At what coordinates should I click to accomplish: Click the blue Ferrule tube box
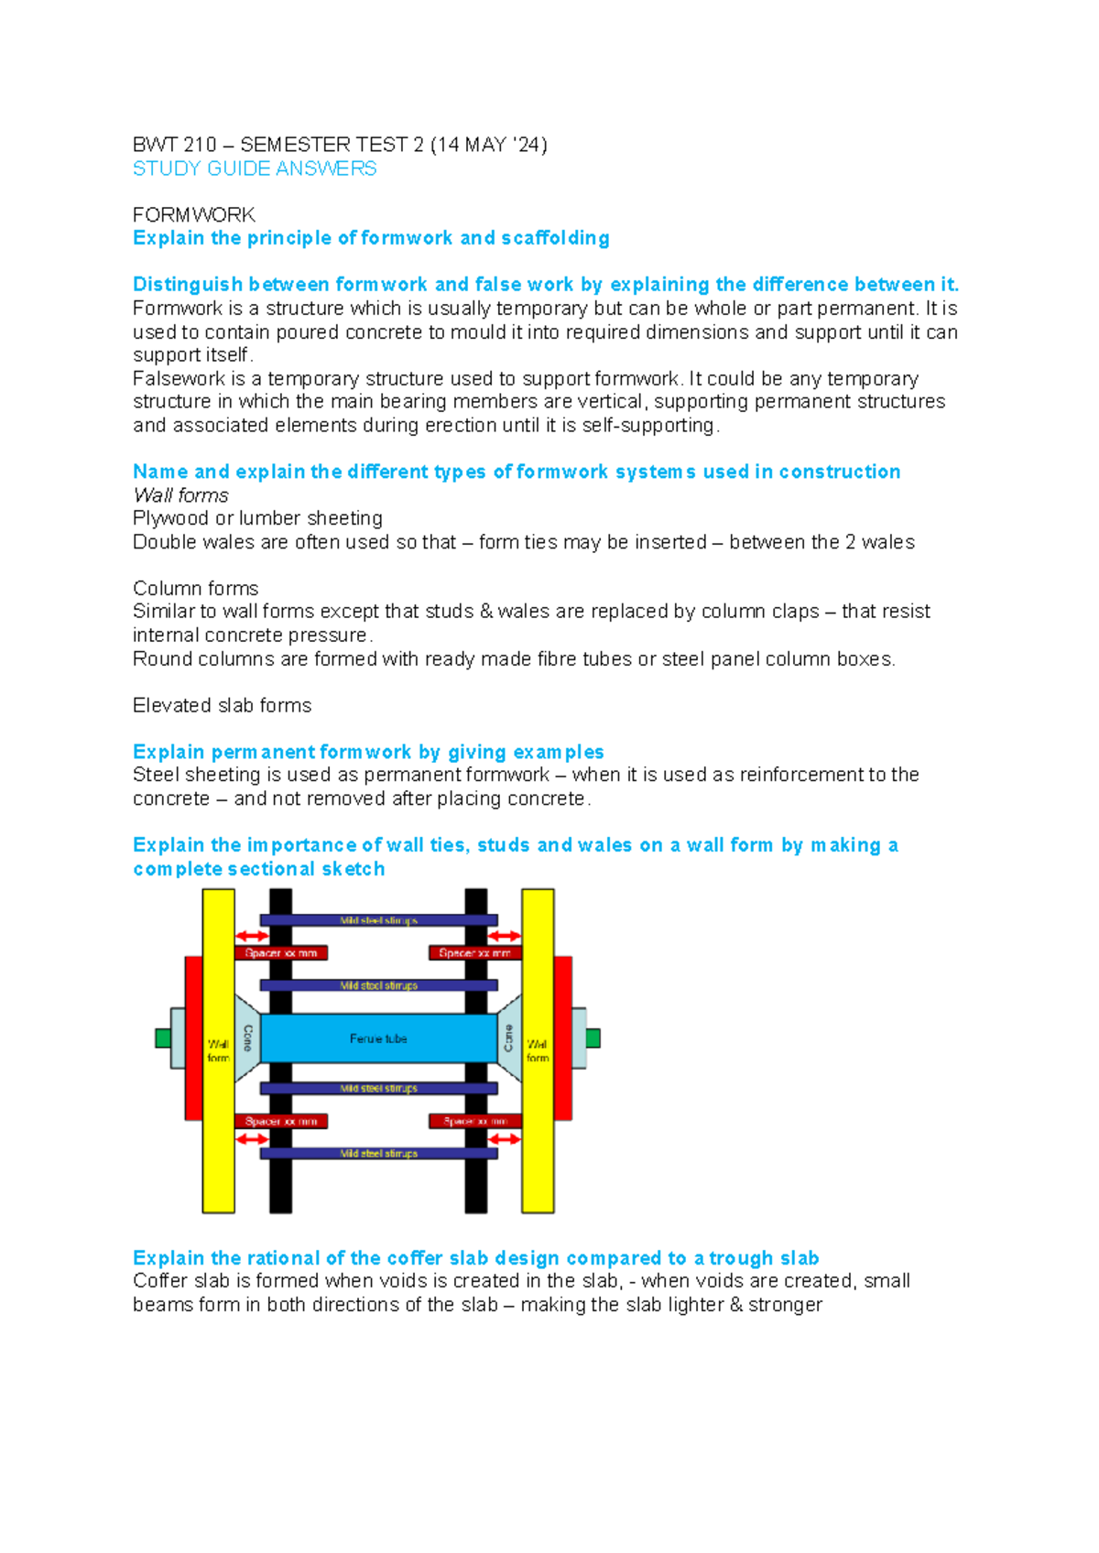tap(378, 1038)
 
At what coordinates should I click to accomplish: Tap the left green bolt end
tap(163, 1037)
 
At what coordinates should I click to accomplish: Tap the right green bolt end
tap(593, 1037)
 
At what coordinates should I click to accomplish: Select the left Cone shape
tap(247, 1037)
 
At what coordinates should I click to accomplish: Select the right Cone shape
tap(509, 1037)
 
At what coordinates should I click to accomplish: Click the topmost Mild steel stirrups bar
tap(378, 920)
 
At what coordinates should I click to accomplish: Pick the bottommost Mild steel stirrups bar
tap(378, 1154)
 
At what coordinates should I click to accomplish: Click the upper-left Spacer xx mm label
tap(281, 953)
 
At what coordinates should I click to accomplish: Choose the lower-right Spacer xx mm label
tap(475, 1121)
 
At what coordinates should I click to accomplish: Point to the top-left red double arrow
tap(252, 936)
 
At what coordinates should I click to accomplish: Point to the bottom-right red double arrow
tap(504, 1139)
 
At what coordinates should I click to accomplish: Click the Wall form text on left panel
tap(218, 1050)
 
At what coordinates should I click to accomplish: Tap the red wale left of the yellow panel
tap(193, 1037)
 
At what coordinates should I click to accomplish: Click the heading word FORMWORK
tap(193, 215)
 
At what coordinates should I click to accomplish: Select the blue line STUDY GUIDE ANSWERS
tap(255, 168)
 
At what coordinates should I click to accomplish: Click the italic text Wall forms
tap(180, 495)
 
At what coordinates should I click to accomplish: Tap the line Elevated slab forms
tap(222, 705)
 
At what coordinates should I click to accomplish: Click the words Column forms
tap(195, 588)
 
